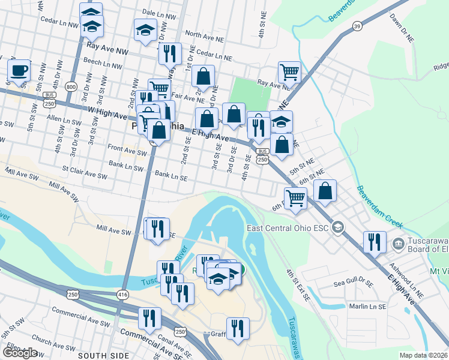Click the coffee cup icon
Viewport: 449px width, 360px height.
pyautogui.click(x=19, y=71)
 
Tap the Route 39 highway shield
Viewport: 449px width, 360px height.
pyautogui.click(x=357, y=26)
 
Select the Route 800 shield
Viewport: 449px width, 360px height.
pyautogui.click(x=71, y=86)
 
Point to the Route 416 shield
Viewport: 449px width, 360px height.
pyautogui.click(x=123, y=295)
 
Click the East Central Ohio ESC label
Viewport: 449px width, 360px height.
pyautogui.click(x=288, y=228)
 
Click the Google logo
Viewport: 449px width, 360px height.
pyautogui.click(x=19, y=353)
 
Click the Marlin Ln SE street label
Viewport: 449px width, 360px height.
pyautogui.click(x=367, y=306)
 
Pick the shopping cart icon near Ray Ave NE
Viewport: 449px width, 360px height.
pyautogui.click(x=289, y=73)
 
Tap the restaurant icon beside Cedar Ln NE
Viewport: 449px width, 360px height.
pyautogui.click(x=170, y=53)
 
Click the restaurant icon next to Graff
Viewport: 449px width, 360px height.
pyautogui.click(x=238, y=328)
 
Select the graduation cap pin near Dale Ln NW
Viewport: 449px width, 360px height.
pyautogui.click(x=145, y=31)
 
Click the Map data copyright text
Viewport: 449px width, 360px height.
pyautogui.click(x=424, y=355)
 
